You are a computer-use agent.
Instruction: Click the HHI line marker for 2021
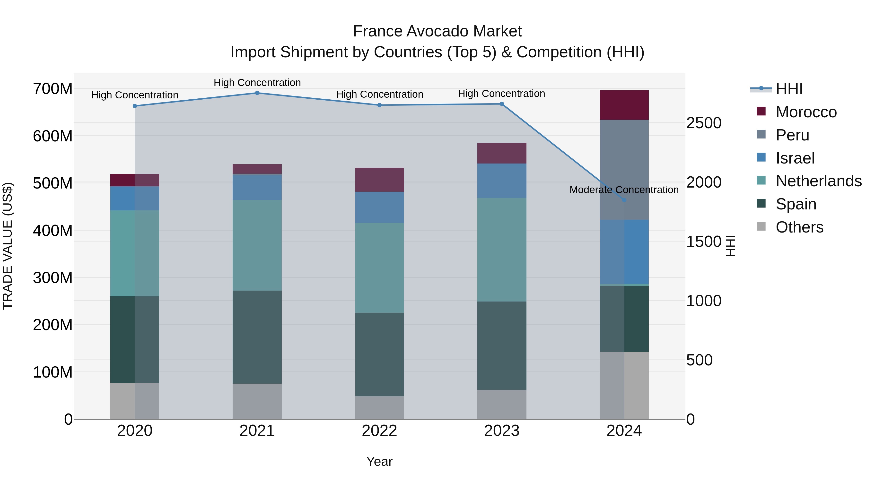point(257,93)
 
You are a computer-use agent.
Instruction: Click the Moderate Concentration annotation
point(624,190)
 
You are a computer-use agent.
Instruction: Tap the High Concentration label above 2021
point(257,83)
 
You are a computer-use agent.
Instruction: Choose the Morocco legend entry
point(806,112)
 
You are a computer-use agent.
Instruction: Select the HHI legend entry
point(789,89)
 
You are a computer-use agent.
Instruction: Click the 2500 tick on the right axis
point(704,123)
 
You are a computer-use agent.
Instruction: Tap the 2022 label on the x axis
point(379,431)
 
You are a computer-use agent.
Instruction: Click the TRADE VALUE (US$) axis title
point(8,246)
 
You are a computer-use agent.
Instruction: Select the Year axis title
point(379,461)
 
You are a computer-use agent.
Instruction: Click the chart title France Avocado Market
point(437,31)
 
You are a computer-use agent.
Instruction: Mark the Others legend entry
point(799,227)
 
